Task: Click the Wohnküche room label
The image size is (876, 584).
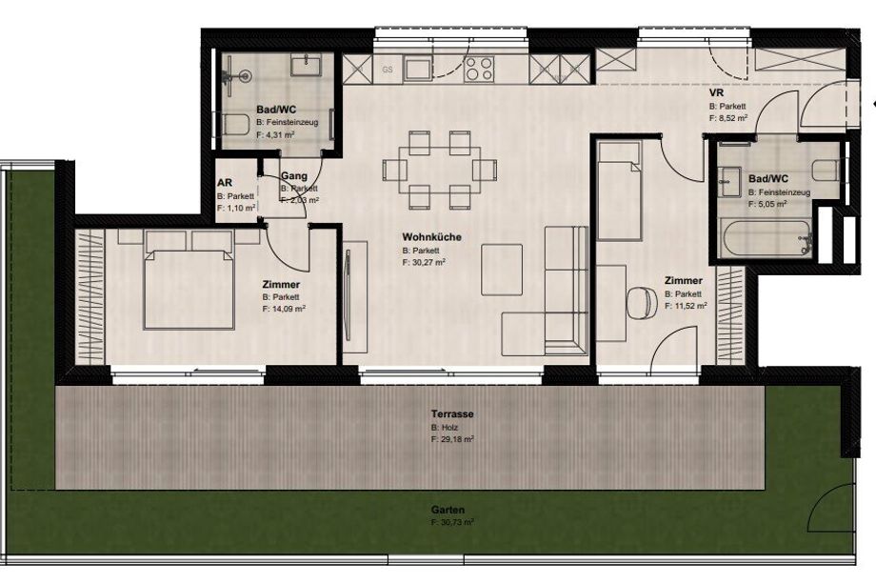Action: click(432, 237)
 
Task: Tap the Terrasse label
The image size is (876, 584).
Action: click(452, 414)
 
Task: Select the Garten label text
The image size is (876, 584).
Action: click(448, 511)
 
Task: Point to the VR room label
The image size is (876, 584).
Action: click(716, 92)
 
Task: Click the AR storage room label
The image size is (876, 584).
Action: click(225, 183)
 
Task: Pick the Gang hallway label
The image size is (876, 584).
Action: click(294, 176)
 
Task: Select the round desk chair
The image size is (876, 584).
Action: click(643, 302)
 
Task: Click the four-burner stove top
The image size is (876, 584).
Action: click(479, 70)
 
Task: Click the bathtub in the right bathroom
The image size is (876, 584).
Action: click(765, 238)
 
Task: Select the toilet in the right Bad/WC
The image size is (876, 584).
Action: click(826, 170)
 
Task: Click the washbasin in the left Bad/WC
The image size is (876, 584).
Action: click(305, 66)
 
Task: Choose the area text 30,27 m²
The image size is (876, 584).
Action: click(424, 262)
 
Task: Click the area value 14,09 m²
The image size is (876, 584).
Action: click(284, 309)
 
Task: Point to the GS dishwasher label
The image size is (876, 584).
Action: click(388, 70)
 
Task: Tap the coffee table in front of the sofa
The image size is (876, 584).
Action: click(502, 270)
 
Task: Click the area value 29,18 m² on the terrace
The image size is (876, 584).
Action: click(452, 440)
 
